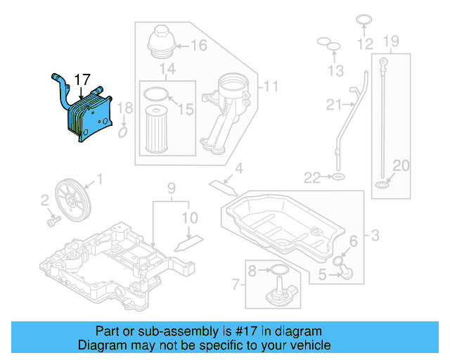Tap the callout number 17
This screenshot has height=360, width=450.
(83, 79)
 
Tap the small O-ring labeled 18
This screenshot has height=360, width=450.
(123, 131)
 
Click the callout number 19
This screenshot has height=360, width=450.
(391, 41)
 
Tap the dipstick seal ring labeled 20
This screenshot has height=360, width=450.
(381, 186)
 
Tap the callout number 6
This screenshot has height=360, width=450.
(353, 242)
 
